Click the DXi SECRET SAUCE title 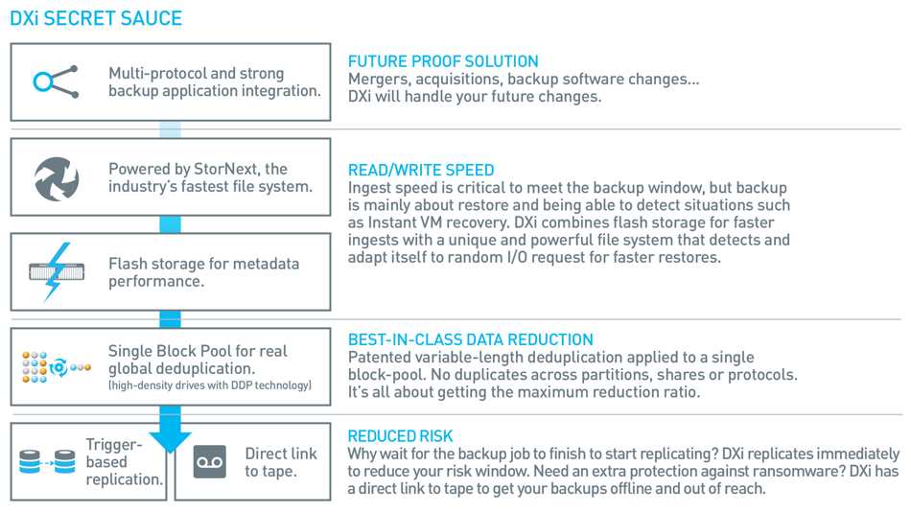[x=96, y=18]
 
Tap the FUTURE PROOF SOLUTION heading [x=443, y=61]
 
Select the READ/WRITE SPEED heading [x=421, y=170]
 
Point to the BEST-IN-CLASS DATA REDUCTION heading [x=470, y=339]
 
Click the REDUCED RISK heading [x=400, y=435]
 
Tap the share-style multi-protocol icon [x=56, y=82]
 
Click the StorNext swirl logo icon [x=57, y=178]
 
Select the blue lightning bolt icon [x=57, y=272]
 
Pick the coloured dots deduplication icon [x=57, y=367]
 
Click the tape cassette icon [x=209, y=462]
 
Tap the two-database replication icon [x=47, y=462]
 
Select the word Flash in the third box [x=128, y=264]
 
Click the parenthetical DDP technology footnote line [x=210, y=385]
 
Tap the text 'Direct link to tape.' [x=281, y=462]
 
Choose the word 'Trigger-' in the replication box [x=114, y=445]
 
